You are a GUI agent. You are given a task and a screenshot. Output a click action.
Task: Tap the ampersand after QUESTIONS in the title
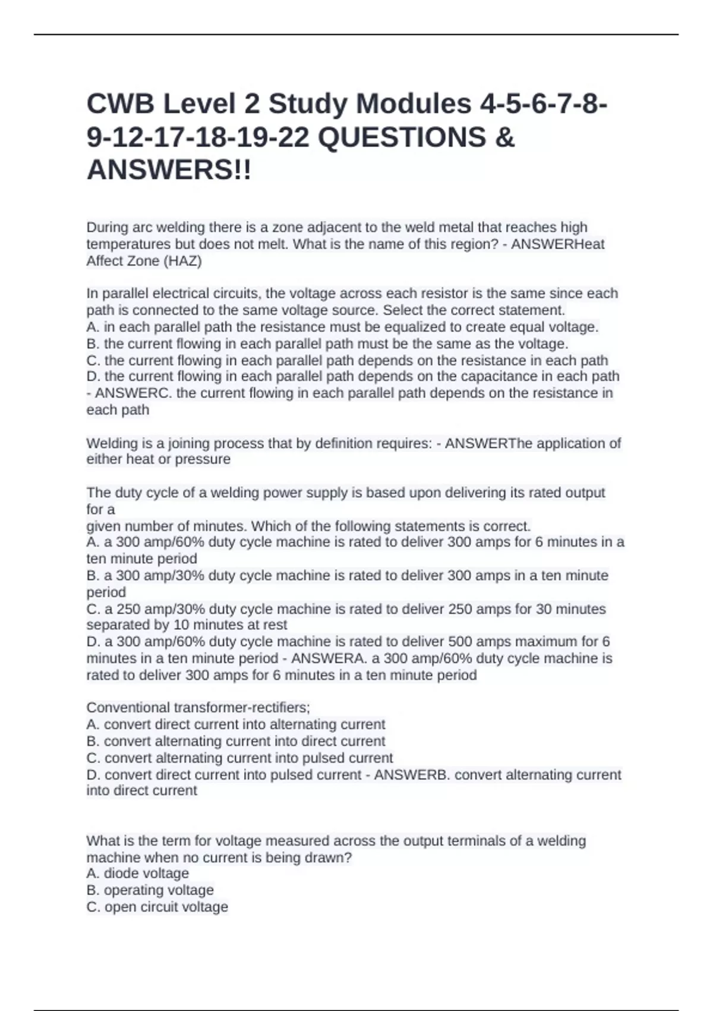coord(504,137)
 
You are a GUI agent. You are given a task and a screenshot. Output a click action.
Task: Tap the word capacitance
coord(499,376)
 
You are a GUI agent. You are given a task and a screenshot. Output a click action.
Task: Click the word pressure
coord(204,459)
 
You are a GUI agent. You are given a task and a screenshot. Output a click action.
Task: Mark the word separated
coord(119,624)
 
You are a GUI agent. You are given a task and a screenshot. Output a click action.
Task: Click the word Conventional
coord(128,708)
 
